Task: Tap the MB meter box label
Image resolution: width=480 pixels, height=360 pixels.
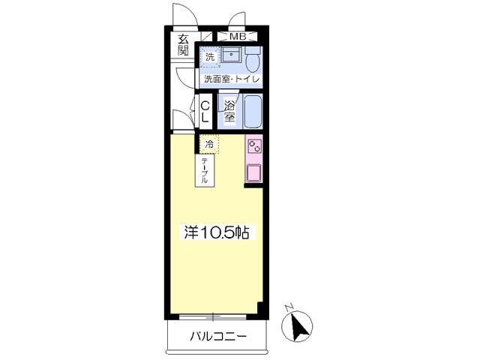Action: pyautogui.click(x=237, y=36)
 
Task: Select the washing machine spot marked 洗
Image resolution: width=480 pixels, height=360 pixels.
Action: pyautogui.click(x=210, y=56)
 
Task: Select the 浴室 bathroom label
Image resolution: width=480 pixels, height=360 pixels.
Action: pyautogui.click(x=229, y=112)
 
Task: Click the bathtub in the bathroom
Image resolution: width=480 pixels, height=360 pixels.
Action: pyautogui.click(x=252, y=112)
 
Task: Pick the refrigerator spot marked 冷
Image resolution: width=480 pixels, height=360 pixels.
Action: pyautogui.click(x=209, y=143)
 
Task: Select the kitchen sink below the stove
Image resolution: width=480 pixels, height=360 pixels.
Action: pyautogui.click(x=254, y=172)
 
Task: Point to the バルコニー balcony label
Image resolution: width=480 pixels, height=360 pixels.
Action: pyautogui.click(x=217, y=336)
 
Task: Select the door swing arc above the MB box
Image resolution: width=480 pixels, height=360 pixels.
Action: pyautogui.click(x=239, y=21)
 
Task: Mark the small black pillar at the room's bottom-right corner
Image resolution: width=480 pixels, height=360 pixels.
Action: pyautogui.click(x=259, y=308)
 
